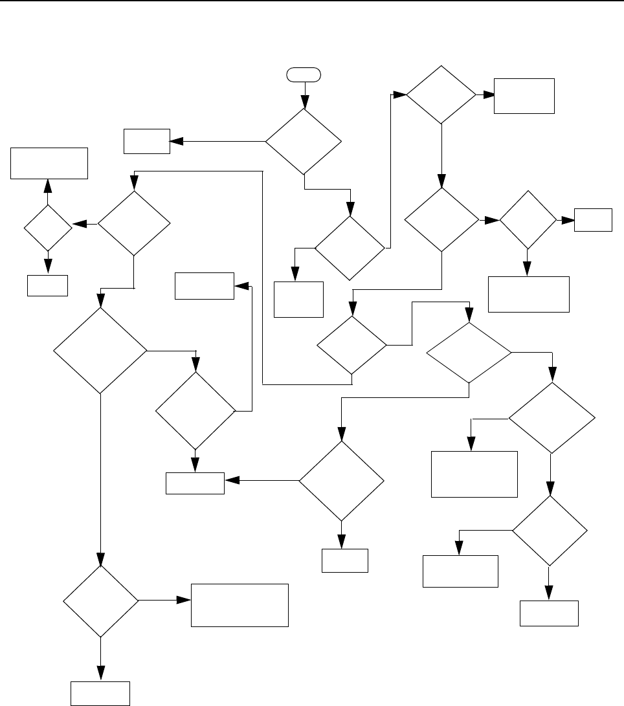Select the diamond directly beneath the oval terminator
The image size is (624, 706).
click(304, 141)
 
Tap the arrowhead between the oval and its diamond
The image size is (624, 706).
click(304, 104)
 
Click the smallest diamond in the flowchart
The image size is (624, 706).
click(47, 228)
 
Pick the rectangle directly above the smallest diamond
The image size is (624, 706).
click(49, 162)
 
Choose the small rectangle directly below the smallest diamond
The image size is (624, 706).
click(47, 285)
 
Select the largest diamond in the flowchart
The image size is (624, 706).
click(100, 350)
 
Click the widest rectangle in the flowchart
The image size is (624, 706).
click(240, 605)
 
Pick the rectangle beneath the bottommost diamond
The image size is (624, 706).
click(100, 693)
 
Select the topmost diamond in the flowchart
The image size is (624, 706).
click(441, 94)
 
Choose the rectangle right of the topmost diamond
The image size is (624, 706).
click(524, 96)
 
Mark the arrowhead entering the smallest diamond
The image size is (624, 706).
click(77, 225)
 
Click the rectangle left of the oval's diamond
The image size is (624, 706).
click(148, 140)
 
